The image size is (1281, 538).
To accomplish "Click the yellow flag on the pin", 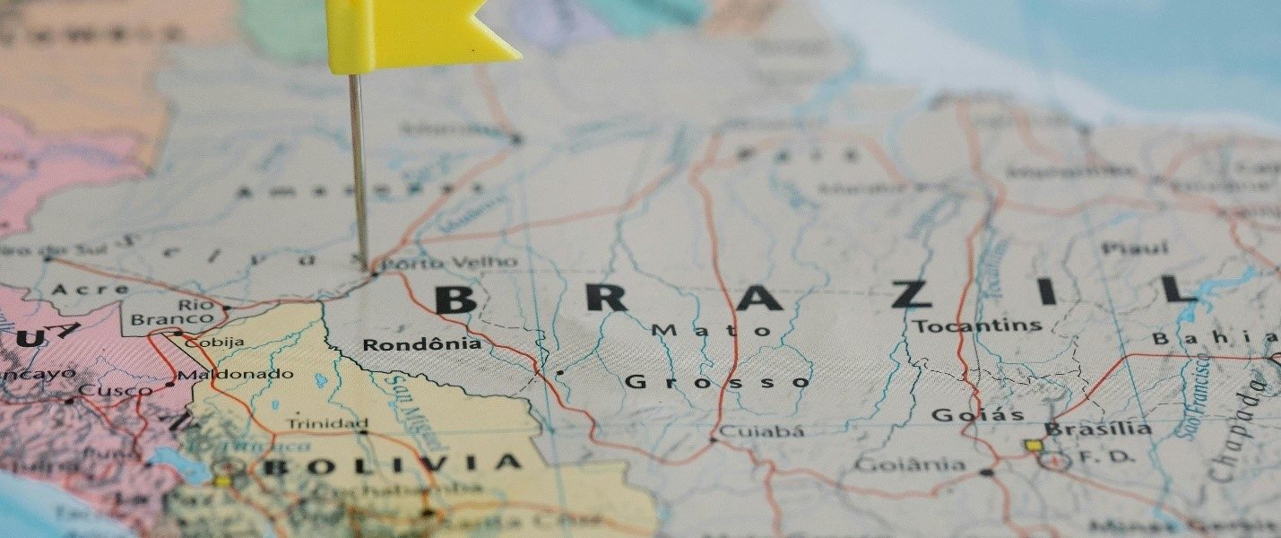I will click(x=412, y=34).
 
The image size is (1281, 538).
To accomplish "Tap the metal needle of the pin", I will click(x=359, y=170).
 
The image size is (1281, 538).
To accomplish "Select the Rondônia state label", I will click(x=421, y=344).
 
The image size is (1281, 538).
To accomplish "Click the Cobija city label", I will click(x=214, y=342).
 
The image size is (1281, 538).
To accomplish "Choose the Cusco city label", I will click(x=116, y=391).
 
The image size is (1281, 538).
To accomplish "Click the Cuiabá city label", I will click(x=762, y=431).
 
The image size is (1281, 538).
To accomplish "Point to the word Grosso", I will click(x=717, y=382).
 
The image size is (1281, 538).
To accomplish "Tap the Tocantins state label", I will click(x=978, y=325).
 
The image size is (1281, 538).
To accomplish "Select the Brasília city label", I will click(x=1098, y=429).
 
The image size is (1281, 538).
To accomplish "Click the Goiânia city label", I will click(x=909, y=464).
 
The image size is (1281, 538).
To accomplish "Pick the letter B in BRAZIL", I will click(x=454, y=299).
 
